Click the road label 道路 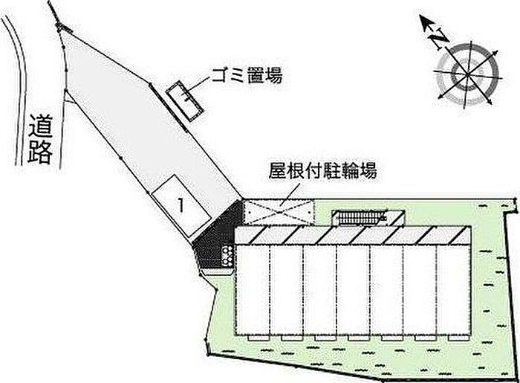[x=40, y=139]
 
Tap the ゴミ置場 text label [x=247, y=75]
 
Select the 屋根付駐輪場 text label [x=322, y=170]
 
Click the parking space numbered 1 [x=181, y=205]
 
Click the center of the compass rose [x=467, y=74]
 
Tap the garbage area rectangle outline [x=185, y=101]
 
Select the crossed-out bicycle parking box [x=279, y=211]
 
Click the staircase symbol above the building [x=360, y=219]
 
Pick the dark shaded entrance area [x=217, y=236]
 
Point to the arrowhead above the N [x=427, y=23]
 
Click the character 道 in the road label [x=40, y=126]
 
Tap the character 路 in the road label [x=40, y=152]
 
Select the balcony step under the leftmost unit [x=259, y=338]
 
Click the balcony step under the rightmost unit [x=458, y=338]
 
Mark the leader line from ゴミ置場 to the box [x=198, y=86]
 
